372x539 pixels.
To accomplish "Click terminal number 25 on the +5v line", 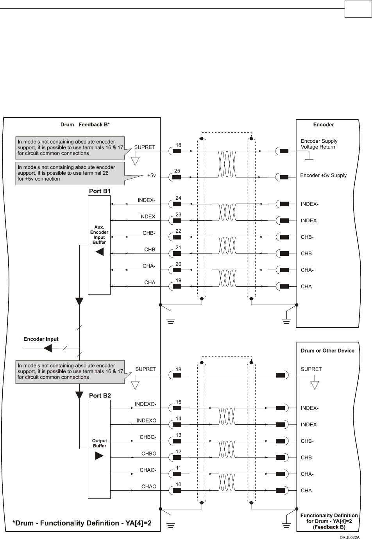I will pos(177,171).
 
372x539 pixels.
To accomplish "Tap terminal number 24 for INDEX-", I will pos(178,198).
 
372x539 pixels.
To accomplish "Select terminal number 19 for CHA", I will pos(178,280).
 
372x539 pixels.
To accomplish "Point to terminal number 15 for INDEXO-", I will pos(178,402).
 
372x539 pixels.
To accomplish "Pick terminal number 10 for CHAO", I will pos(178,484).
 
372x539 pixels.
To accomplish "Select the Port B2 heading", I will pos(100,395).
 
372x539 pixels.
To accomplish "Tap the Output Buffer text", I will pos(99,443).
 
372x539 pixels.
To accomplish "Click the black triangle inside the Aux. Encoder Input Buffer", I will pos(100,252).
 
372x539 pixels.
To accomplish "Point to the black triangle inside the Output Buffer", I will pos(100,456).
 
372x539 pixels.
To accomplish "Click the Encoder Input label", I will pos(41,339).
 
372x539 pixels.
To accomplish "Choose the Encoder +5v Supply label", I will pos(323,176).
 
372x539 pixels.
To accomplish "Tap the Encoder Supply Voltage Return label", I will pos(319,144).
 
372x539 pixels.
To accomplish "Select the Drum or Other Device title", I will pos(327,351).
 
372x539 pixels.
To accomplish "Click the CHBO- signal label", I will pos(148,437).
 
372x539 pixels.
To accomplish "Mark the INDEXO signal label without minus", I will pos(146,420).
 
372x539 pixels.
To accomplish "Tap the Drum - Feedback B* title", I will pos(85,125).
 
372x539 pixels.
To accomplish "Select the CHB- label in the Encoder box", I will pos(307,237).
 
